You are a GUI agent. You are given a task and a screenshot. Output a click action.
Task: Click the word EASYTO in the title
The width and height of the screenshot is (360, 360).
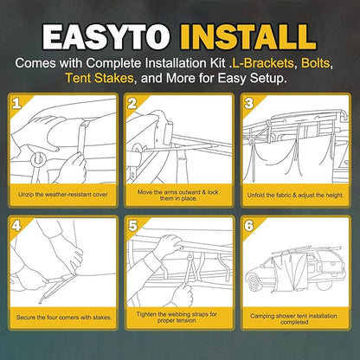tap(106, 36)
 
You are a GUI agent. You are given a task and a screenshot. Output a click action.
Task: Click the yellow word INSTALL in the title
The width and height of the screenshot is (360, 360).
tap(248, 36)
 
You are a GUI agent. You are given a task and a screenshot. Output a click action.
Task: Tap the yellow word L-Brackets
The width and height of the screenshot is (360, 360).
tap(263, 63)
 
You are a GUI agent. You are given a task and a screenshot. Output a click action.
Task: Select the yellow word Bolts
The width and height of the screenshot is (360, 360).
tap(315, 63)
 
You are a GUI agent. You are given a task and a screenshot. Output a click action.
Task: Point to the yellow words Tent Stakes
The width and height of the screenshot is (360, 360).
tap(100, 78)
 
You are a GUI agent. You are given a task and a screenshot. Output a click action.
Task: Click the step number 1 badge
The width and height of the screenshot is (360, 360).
tap(16, 103)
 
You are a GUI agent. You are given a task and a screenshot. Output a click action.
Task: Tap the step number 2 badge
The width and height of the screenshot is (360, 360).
tap(132, 103)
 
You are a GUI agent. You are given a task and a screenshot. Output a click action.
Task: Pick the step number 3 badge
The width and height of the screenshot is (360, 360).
tap(248, 103)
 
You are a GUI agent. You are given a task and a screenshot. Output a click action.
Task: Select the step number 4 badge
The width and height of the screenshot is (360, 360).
tap(16, 226)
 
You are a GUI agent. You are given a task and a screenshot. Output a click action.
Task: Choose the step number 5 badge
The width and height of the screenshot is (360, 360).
tap(132, 226)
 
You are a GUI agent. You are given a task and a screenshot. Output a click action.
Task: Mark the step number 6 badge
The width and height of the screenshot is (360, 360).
tap(249, 226)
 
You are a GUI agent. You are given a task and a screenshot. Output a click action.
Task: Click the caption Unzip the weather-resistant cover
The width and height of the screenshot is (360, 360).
tap(62, 195)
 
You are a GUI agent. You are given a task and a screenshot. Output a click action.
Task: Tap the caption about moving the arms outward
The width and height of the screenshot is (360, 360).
tap(178, 196)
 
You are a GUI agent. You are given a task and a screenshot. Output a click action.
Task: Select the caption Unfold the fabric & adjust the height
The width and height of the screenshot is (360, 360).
tap(295, 195)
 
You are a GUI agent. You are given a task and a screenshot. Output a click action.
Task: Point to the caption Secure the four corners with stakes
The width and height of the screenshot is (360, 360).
tap(64, 318)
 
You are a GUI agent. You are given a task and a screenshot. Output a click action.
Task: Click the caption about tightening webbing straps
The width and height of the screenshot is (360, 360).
tap(177, 317)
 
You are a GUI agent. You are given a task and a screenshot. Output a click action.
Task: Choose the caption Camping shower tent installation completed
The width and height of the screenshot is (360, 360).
tap(293, 318)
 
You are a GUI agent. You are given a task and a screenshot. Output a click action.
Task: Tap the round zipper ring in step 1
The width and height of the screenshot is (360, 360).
tap(39, 159)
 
